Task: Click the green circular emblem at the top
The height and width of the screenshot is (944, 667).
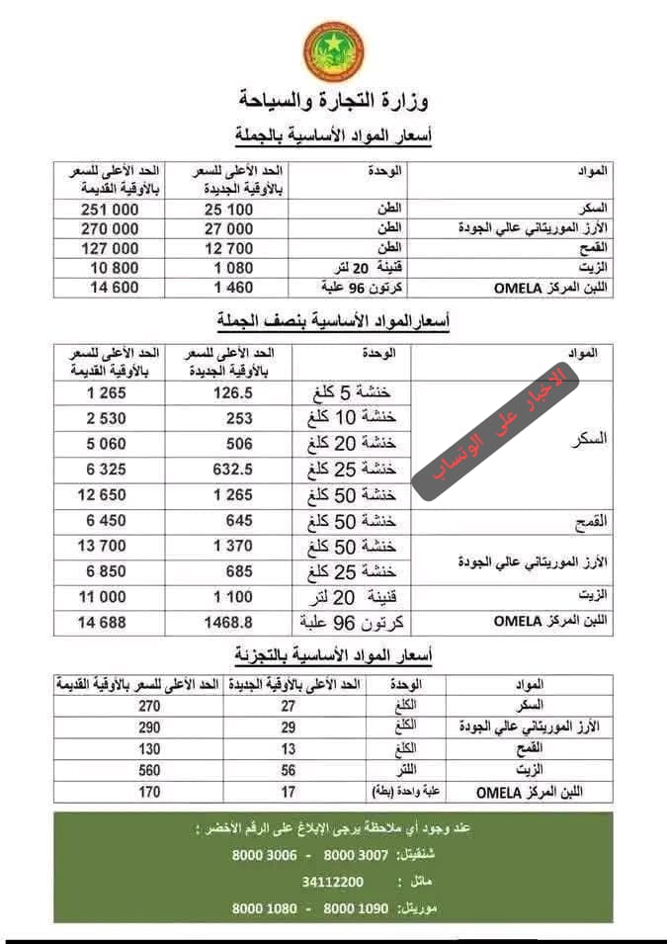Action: (x=333, y=50)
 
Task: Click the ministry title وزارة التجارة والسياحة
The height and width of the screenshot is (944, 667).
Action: (x=334, y=101)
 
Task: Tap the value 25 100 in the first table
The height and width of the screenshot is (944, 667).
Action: (x=228, y=209)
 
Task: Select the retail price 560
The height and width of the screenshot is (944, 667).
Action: (x=149, y=769)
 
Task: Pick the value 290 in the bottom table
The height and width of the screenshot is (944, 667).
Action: (x=149, y=727)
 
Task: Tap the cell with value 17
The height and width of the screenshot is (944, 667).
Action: (x=289, y=791)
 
